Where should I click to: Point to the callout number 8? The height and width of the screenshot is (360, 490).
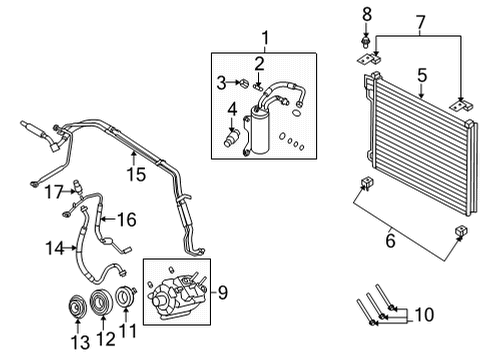click(x=366, y=14)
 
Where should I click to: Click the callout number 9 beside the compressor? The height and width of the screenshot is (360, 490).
click(x=222, y=292)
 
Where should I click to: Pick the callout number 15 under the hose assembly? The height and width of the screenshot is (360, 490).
click(x=134, y=175)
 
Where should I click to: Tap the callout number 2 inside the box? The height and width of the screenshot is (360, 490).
click(x=258, y=65)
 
